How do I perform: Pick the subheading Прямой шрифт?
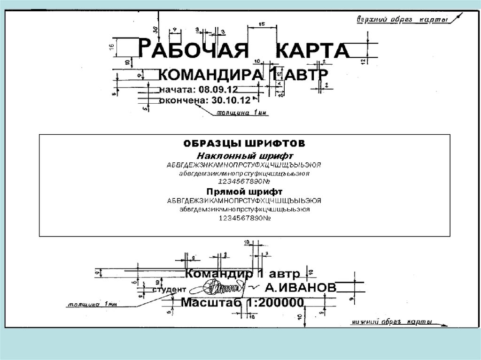coord(244,191)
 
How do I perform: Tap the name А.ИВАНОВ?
coord(300,288)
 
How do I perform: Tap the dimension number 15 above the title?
coord(262,24)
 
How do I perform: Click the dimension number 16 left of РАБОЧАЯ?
coord(111,46)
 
